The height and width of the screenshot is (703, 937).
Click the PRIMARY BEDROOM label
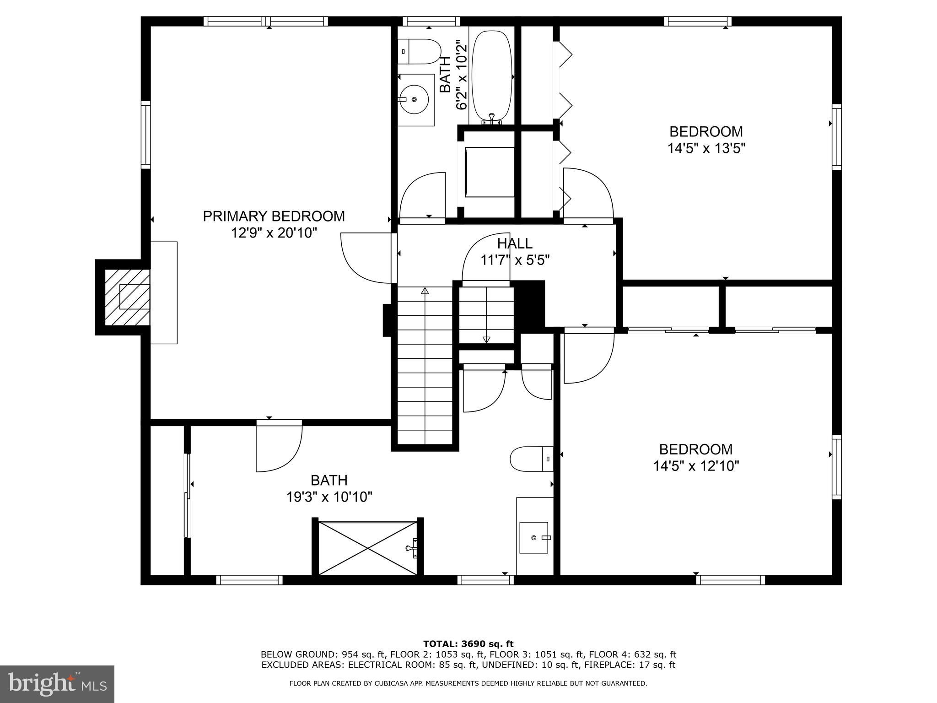coord(274,216)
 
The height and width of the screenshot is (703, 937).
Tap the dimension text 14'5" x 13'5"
coord(706,149)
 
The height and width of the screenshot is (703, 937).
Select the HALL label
coord(515,243)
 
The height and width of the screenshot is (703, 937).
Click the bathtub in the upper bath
coord(492,76)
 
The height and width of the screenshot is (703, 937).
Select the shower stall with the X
coord(368,547)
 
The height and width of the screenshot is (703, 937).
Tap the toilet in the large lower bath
coord(531,459)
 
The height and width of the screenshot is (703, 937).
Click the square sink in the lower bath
coord(533,537)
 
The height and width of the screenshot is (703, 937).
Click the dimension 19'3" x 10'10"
coord(329,497)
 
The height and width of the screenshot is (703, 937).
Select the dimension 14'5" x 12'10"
coord(696,466)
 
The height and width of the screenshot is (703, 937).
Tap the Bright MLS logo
coord(57,684)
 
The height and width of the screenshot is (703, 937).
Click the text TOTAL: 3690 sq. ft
coord(468,644)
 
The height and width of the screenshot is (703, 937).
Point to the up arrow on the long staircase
coord(425,291)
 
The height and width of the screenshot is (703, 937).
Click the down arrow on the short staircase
coord(486,340)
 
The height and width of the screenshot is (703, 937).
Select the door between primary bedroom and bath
coord(279,446)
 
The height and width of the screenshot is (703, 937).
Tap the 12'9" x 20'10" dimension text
coord(274,233)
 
